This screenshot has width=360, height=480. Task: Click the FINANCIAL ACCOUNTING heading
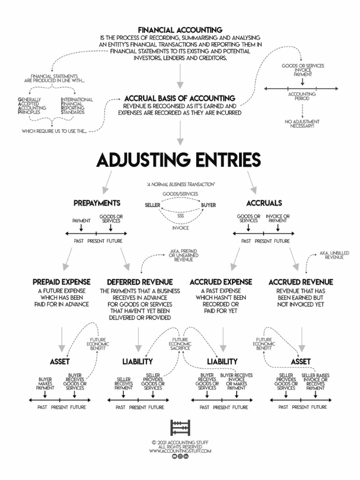(180, 30)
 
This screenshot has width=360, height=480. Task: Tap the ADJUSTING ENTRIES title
(178, 160)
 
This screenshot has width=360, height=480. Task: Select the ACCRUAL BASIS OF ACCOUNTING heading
(180, 98)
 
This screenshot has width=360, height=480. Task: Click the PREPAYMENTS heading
(97, 203)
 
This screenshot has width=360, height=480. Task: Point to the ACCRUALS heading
(264, 203)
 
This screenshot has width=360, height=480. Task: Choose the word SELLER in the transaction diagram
(152, 205)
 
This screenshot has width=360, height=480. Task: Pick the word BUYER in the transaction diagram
(209, 205)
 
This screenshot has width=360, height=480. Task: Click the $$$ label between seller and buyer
(180, 216)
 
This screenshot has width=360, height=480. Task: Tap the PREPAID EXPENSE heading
(62, 282)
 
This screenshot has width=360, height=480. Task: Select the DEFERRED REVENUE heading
(140, 282)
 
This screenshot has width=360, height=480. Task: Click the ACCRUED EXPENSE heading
(221, 282)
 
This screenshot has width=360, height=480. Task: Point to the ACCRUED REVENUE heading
(301, 282)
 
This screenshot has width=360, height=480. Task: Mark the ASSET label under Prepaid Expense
(60, 362)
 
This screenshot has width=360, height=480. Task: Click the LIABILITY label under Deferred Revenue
(137, 362)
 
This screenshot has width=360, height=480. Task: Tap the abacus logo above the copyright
(180, 428)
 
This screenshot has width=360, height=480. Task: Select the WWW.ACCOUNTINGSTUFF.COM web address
(180, 451)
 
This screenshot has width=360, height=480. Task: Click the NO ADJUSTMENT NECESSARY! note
(302, 124)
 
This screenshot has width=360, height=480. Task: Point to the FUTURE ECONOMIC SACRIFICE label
(180, 343)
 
